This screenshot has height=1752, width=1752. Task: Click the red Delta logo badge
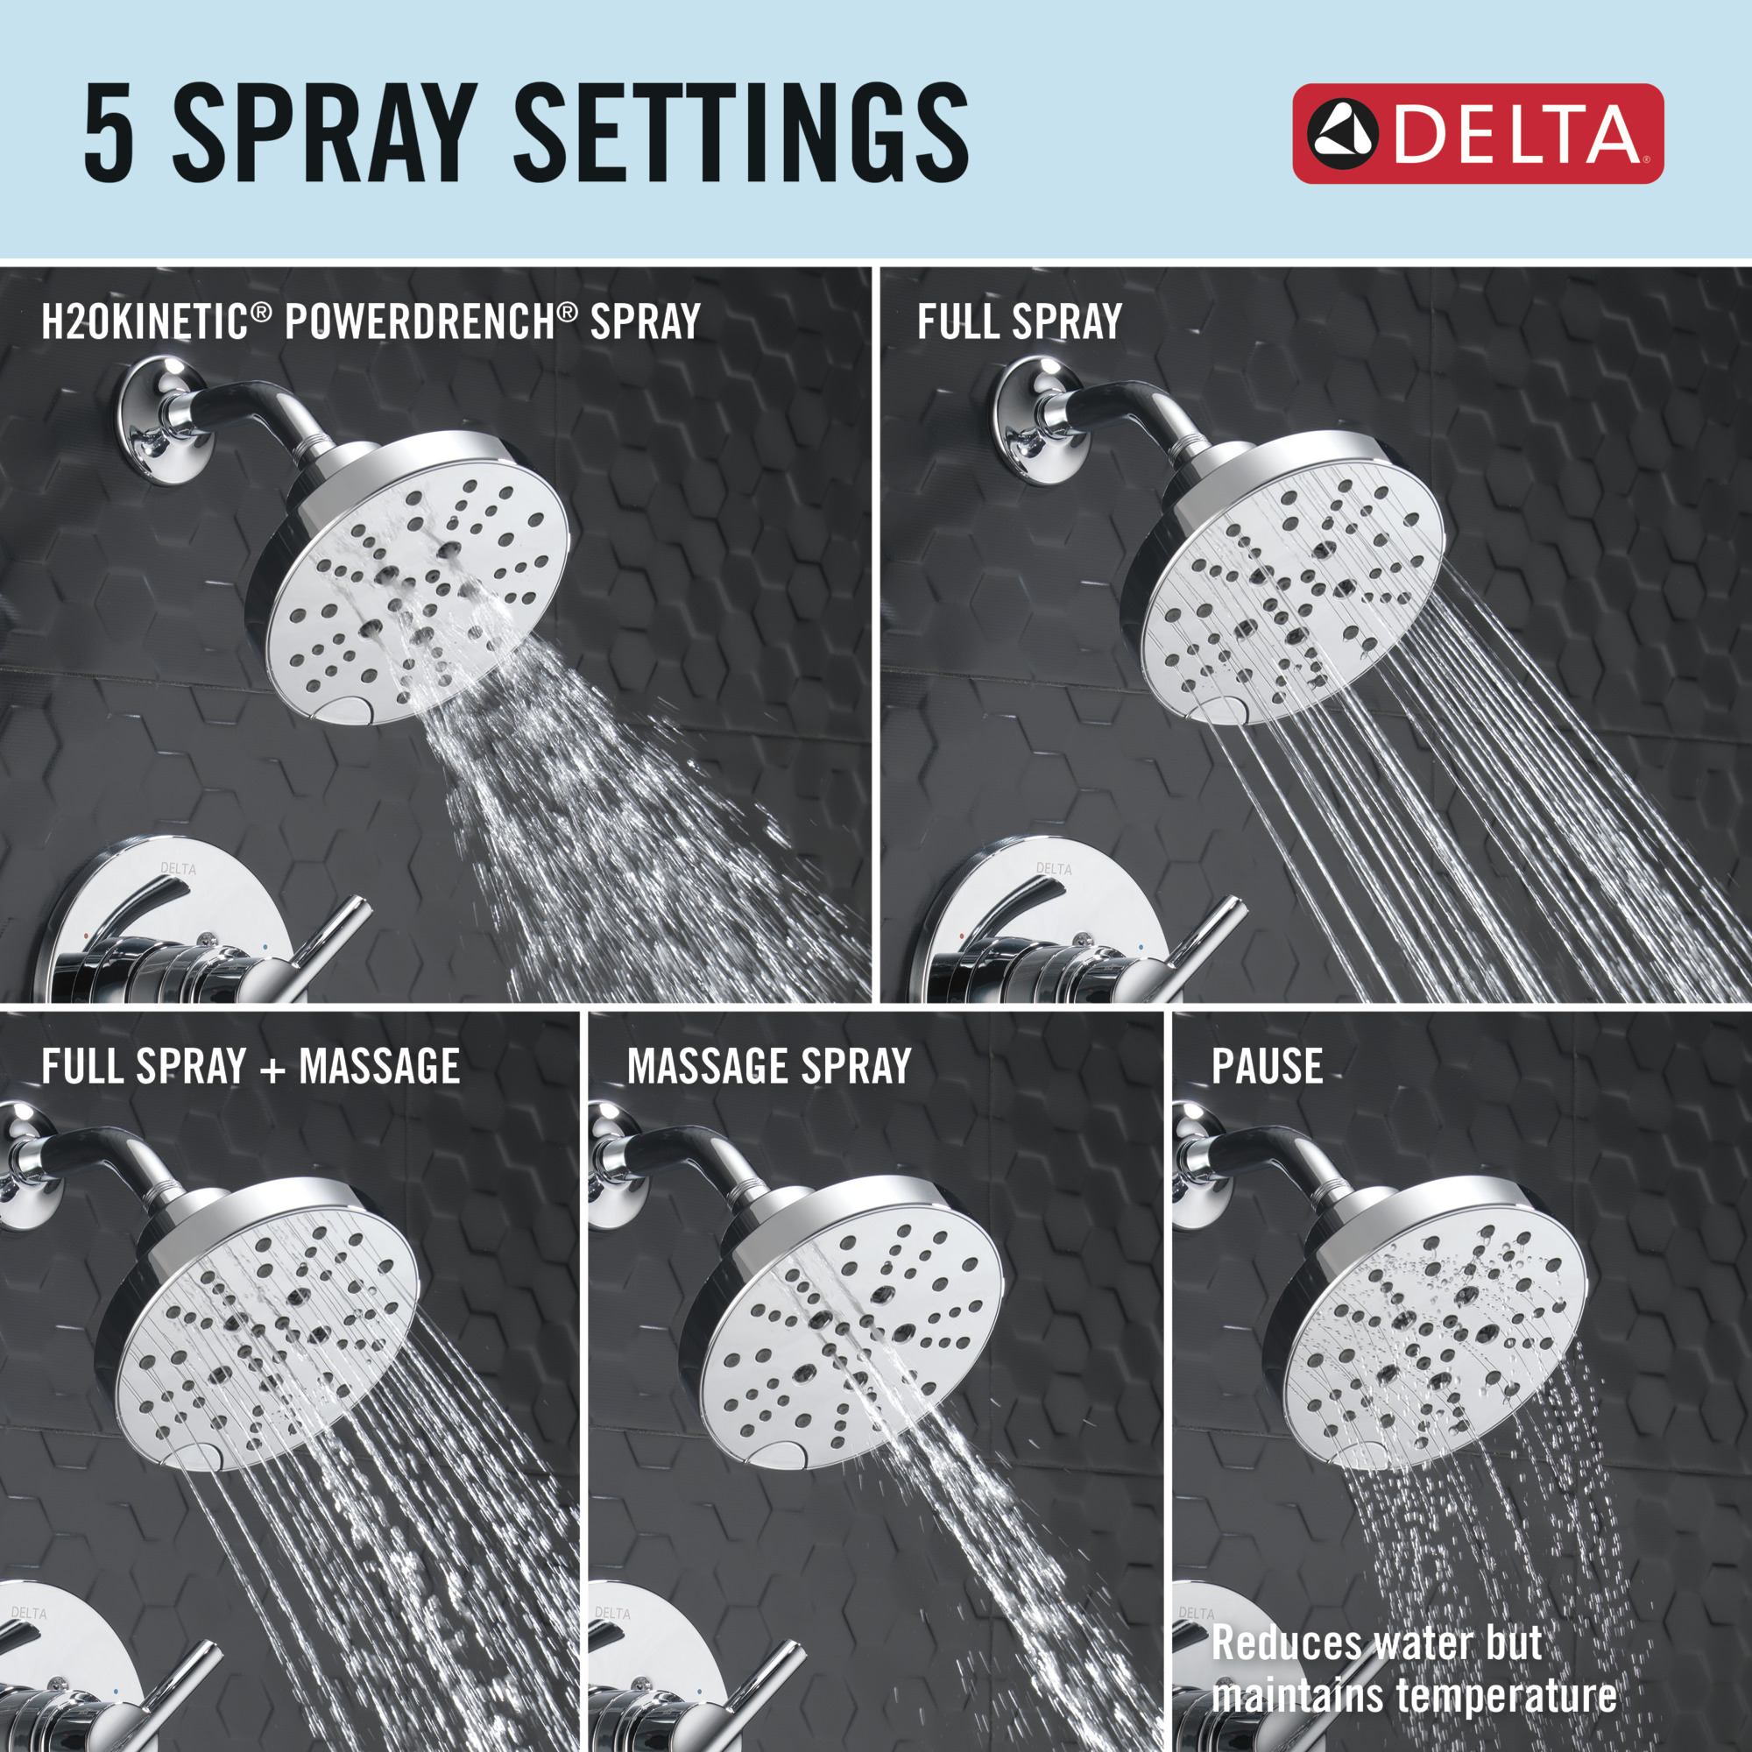click(x=1477, y=134)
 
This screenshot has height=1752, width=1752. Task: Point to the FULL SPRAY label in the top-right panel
click(x=1020, y=321)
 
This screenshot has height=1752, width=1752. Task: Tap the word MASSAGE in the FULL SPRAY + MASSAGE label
click(x=379, y=1066)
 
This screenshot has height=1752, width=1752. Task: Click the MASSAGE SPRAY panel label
click(x=769, y=1066)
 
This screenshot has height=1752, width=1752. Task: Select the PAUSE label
click(x=1267, y=1066)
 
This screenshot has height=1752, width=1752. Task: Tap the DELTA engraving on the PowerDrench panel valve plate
click(x=178, y=869)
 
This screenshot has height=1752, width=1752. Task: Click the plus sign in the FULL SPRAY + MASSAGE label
click(x=273, y=1068)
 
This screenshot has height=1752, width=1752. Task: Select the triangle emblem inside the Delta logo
click(x=1343, y=134)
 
